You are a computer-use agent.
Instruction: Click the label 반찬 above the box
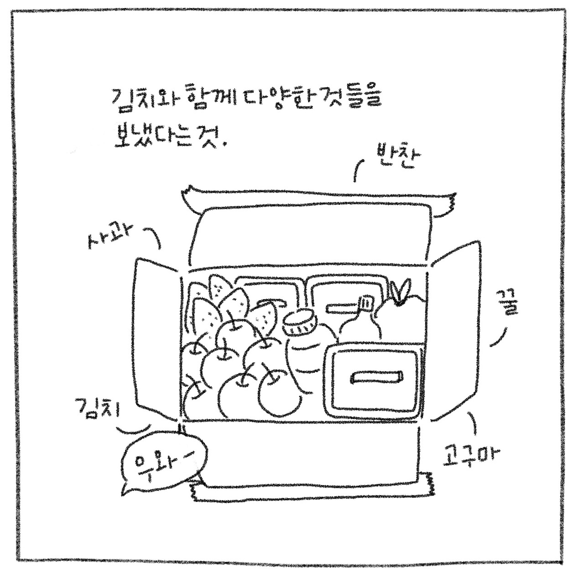click(x=395, y=157)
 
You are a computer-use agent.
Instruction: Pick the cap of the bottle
click(x=366, y=302)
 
